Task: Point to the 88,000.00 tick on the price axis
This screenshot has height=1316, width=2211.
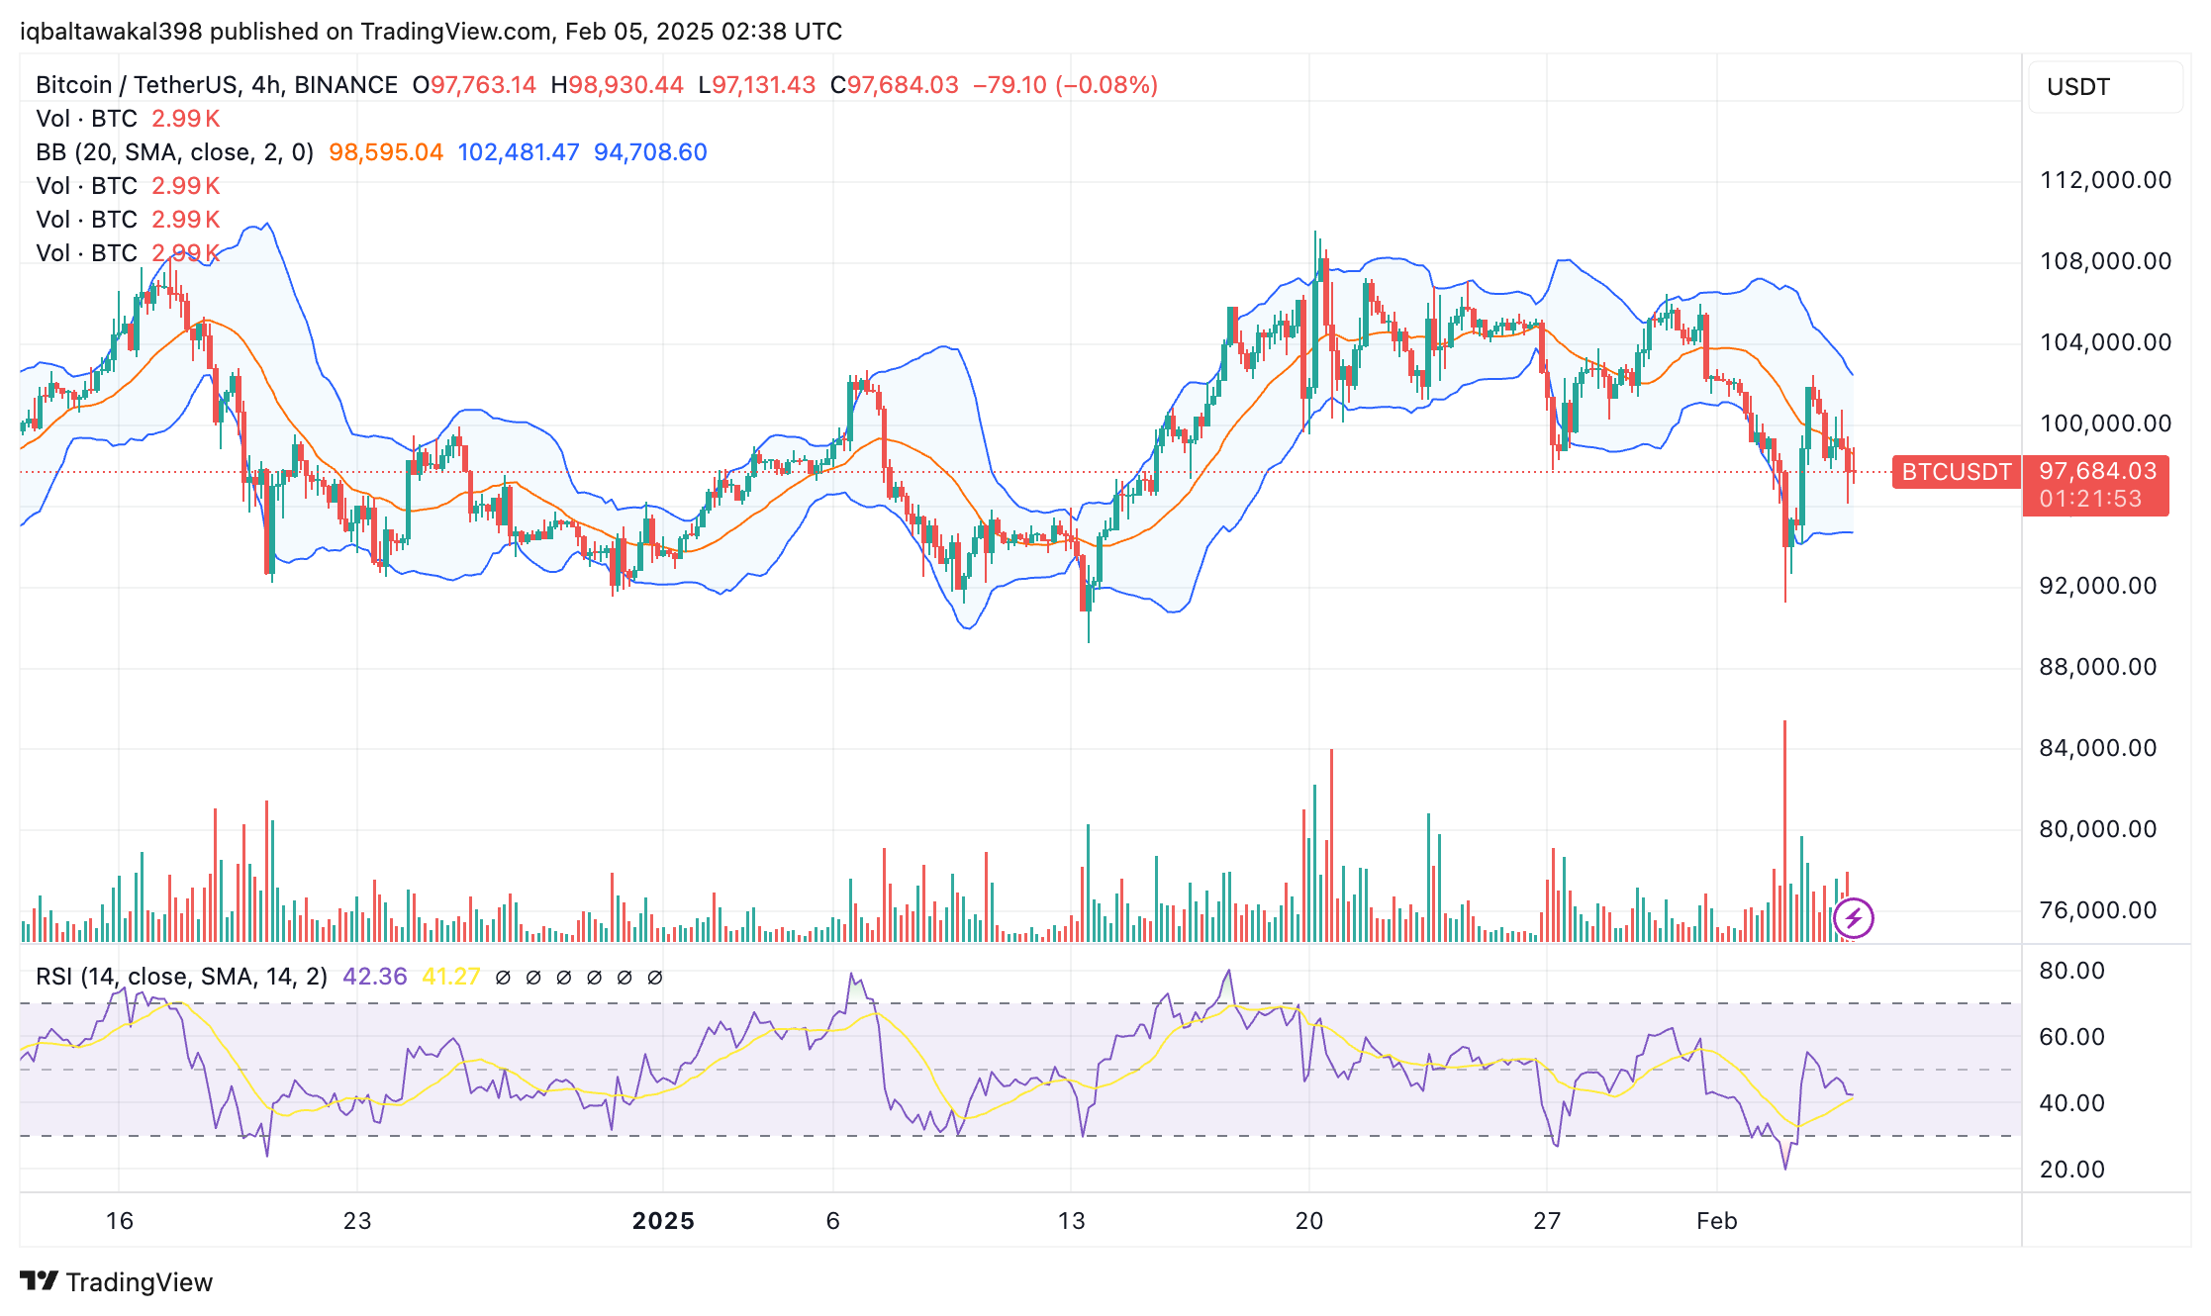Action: [x=2097, y=667]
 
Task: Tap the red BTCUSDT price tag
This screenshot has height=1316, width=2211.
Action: [x=1956, y=472]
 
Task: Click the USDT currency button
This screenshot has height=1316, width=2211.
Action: [x=2078, y=87]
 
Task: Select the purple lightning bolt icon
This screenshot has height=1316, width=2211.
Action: [x=1853, y=918]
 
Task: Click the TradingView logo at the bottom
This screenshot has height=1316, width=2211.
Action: [x=117, y=1282]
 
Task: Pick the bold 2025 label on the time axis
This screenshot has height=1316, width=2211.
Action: [x=663, y=1221]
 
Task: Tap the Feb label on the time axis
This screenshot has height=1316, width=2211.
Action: [x=1716, y=1221]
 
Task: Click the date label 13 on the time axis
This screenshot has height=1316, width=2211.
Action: [x=1071, y=1221]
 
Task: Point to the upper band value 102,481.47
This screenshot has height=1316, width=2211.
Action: [x=518, y=152]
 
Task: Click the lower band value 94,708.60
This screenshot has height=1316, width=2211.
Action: [x=650, y=152]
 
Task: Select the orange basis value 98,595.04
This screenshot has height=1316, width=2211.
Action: [x=386, y=152]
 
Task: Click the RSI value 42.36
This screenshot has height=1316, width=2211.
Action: [x=374, y=977]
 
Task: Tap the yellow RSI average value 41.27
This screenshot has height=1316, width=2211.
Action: [x=450, y=977]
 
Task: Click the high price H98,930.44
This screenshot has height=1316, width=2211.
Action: [x=617, y=85]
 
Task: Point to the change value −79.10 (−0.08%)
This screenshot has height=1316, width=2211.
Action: [x=1065, y=85]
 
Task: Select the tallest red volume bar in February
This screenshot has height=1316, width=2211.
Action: [x=1784, y=831]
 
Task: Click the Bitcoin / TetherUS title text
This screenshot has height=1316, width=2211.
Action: [x=137, y=85]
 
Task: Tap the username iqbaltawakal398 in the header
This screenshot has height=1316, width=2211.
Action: [x=111, y=32]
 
